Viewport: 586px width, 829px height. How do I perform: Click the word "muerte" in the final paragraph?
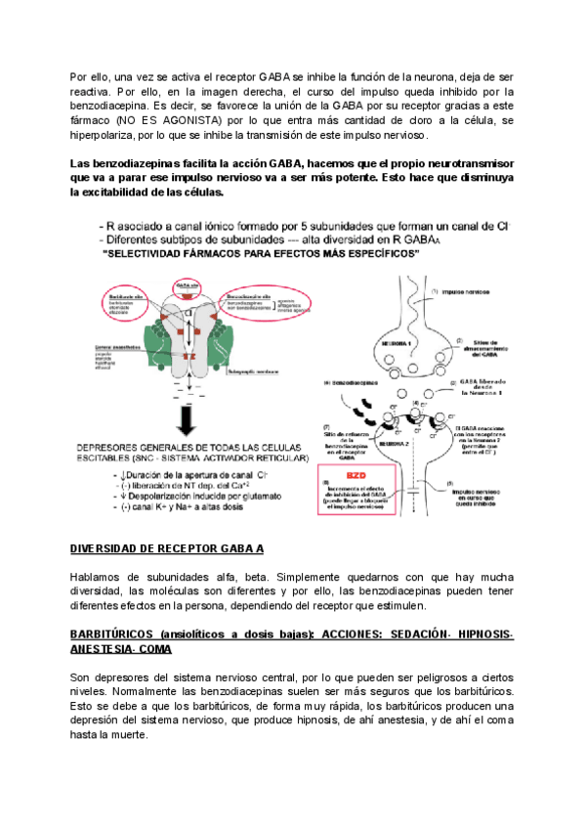click(128, 736)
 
